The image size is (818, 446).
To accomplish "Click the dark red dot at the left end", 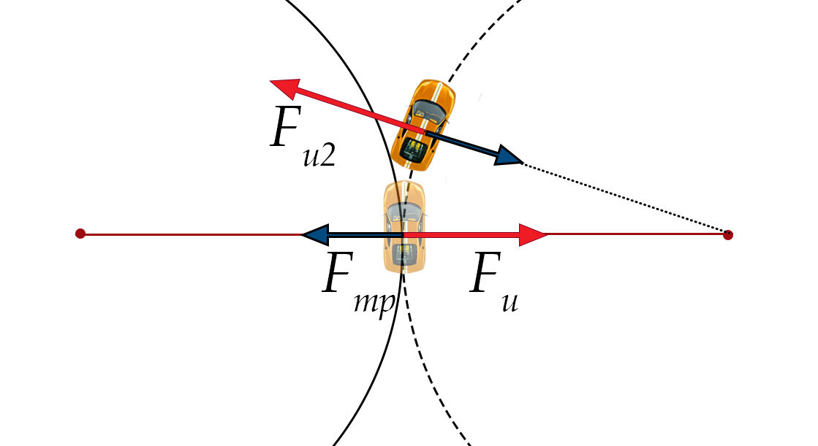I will pos(80,234).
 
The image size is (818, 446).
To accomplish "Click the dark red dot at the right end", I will pos(727,234).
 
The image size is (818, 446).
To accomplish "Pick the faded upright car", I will pos(404,227).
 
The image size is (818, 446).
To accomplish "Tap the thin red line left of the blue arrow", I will pos(190,234).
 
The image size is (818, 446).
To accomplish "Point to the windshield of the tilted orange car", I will pos(430,109).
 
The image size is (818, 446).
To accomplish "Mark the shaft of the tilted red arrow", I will pos(344,107).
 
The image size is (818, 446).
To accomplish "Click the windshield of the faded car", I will pos(404,212).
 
